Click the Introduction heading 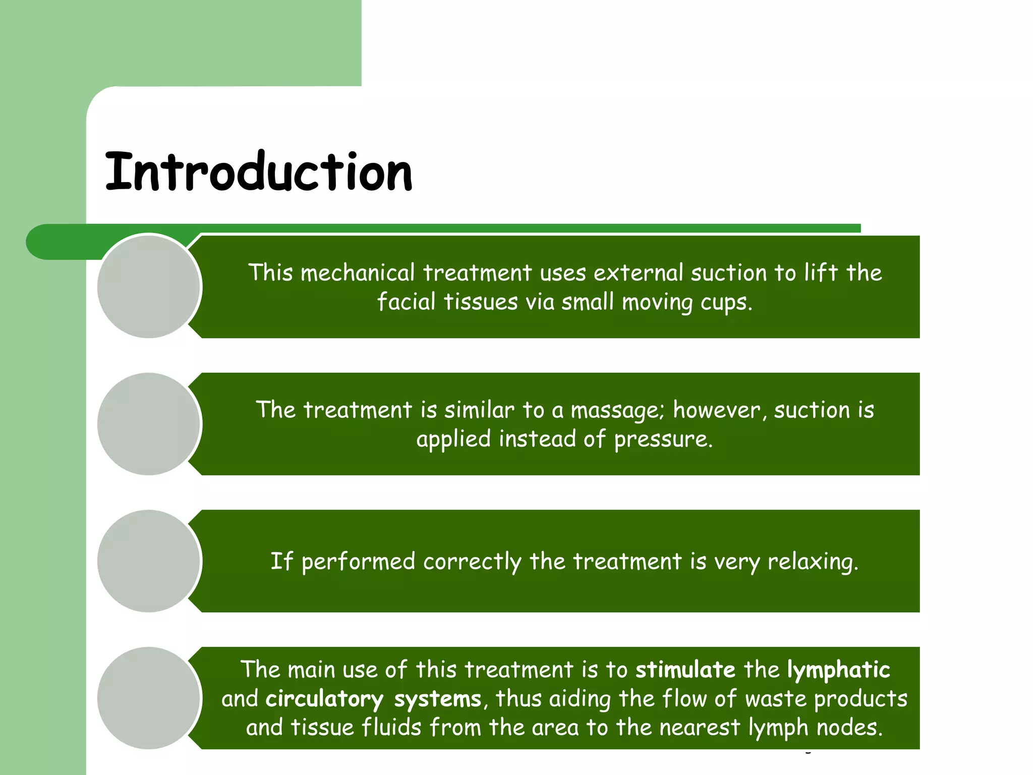tap(259, 173)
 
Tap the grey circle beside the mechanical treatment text tap(149, 287)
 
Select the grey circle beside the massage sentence tap(149, 424)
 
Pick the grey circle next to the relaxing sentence tap(149, 561)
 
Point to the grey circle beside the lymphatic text tap(149, 698)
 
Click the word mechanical tap(358, 273)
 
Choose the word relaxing tap(812, 562)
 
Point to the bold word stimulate tap(685, 670)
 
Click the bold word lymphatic tap(838, 670)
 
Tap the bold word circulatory tap(324, 699)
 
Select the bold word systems tap(438, 699)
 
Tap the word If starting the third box tap(281, 561)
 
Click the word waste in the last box tap(776, 699)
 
